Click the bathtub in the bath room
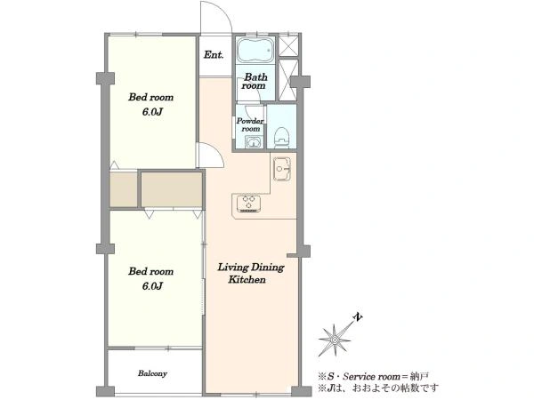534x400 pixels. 255,51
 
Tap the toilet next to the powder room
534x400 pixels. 281,136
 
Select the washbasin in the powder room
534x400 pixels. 253,142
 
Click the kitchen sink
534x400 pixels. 282,169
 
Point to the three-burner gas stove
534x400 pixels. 248,204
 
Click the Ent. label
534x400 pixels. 214,55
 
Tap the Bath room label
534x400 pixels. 255,81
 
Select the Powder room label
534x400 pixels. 250,124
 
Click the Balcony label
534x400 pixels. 152,373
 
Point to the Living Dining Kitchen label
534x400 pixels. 251,273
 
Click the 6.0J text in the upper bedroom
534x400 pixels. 152,112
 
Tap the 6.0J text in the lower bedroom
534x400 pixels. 152,286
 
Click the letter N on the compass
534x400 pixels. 357,316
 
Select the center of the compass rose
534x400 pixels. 335,340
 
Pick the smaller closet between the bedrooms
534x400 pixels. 124,189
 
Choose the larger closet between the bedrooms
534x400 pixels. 172,189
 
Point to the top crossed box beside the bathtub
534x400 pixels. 288,45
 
